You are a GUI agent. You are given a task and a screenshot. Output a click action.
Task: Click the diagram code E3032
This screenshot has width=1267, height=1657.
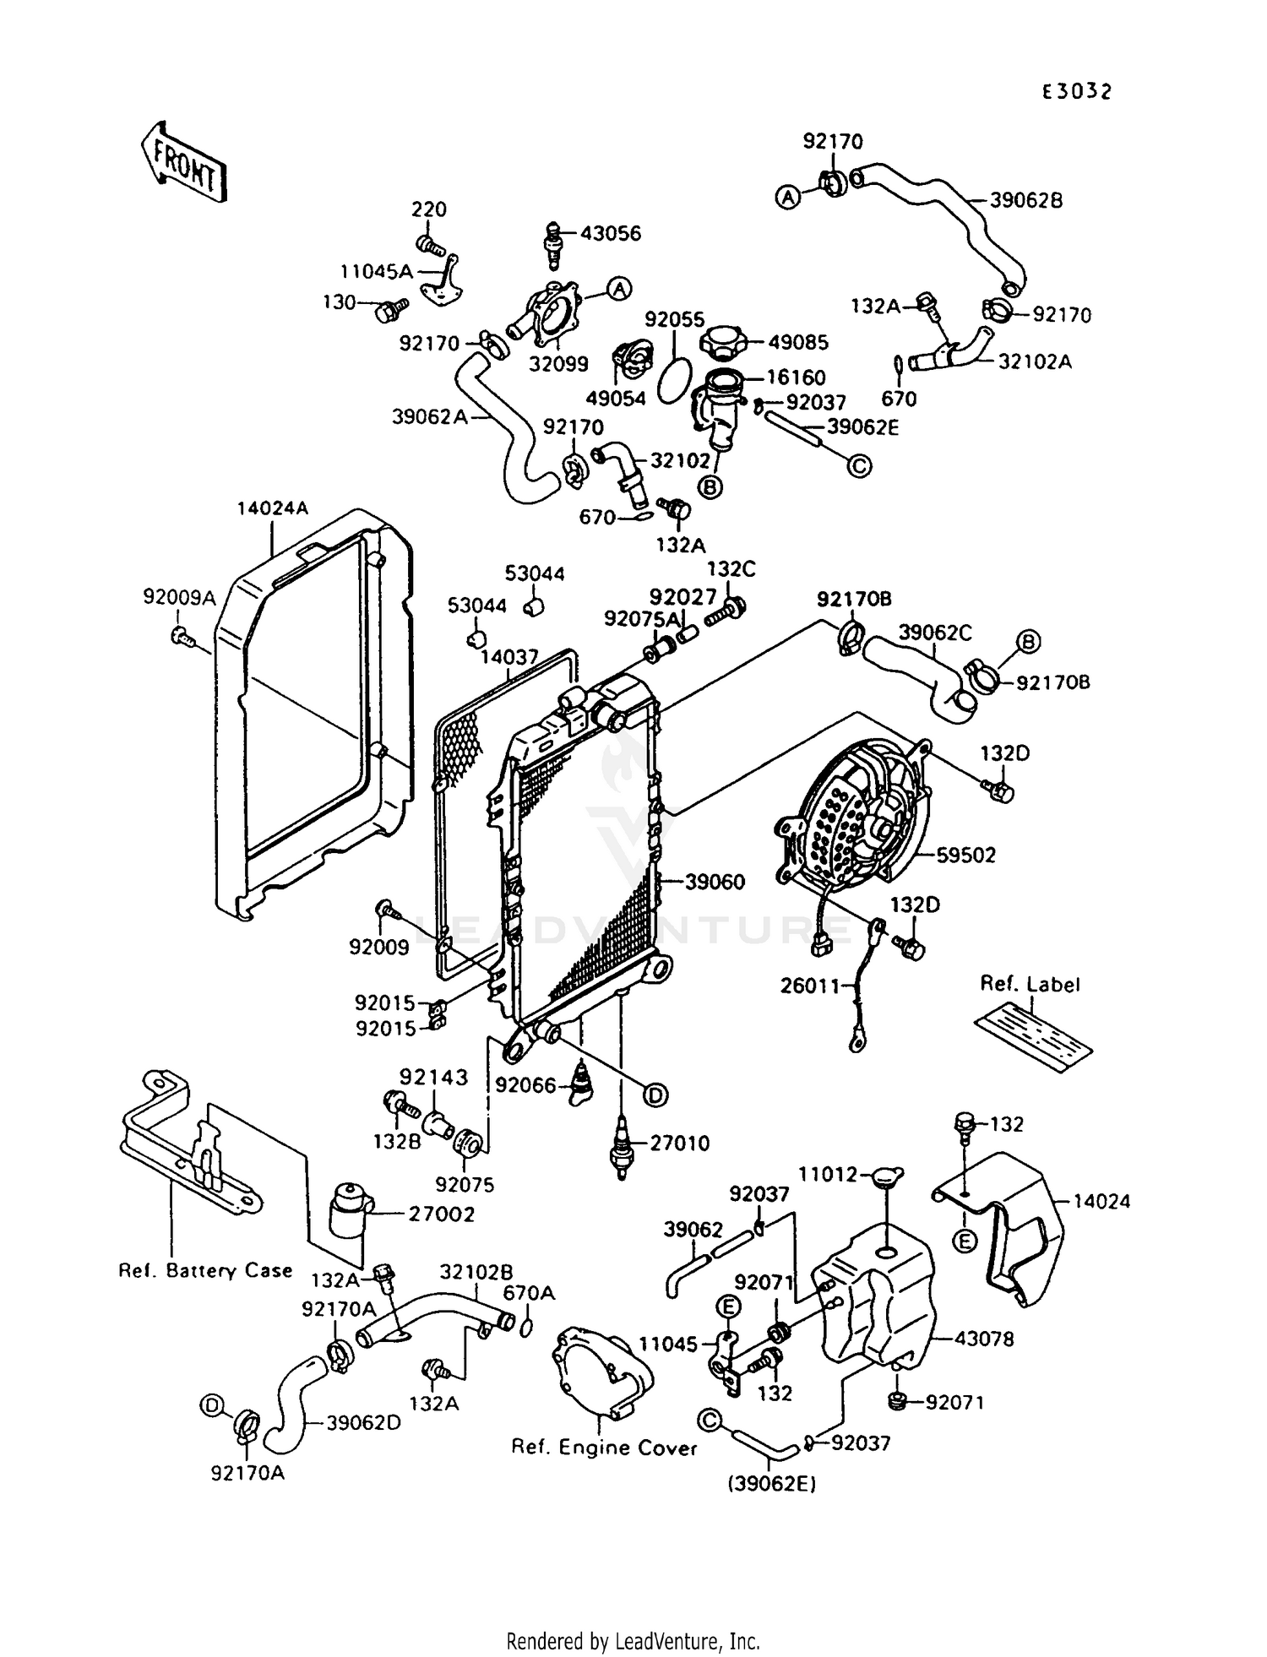coord(1076,92)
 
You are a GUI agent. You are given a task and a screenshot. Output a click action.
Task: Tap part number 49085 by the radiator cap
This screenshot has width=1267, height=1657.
coord(798,342)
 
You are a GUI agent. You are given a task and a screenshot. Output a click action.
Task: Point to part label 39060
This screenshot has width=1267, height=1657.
coord(715,882)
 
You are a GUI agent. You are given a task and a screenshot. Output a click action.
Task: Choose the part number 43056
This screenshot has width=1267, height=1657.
coord(611,233)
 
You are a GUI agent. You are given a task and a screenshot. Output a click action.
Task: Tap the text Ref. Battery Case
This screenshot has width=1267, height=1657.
coord(205,1270)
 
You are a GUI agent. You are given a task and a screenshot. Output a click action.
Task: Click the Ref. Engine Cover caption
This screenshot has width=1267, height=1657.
coord(604,1448)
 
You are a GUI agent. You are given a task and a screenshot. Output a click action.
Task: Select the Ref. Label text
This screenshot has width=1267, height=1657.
coord(1030,984)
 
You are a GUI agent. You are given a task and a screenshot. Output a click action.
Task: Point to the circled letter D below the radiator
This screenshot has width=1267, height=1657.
coord(655,1095)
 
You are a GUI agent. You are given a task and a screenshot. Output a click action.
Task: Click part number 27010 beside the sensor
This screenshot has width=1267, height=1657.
coord(679,1143)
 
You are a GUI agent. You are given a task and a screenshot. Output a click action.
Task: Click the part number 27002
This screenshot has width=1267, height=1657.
coord(441,1214)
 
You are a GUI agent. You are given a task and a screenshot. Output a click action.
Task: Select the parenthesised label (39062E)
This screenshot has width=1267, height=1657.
coord(773,1483)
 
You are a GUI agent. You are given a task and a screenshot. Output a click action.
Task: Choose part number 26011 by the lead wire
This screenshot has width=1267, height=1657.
coord(810,985)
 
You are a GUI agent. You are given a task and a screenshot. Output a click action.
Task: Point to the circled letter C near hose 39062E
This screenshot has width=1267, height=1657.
coord(859,465)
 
